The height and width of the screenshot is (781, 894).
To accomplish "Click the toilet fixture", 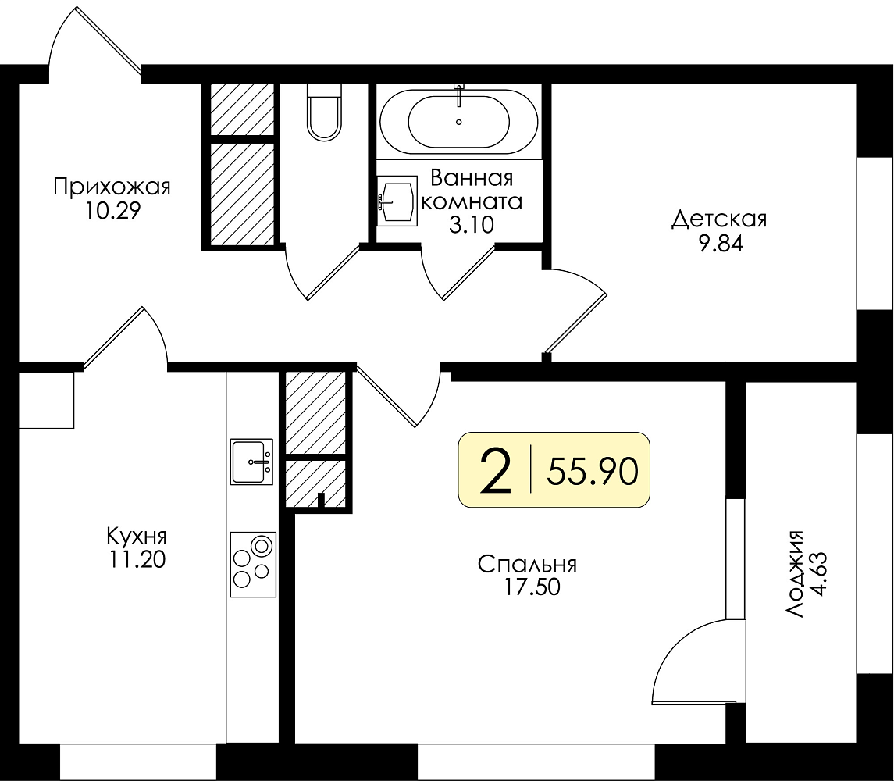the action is click(324, 111).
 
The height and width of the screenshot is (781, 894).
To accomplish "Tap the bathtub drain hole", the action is click(459, 122).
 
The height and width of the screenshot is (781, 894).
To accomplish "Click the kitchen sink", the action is click(251, 462).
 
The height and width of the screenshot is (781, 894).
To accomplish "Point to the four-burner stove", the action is click(253, 564).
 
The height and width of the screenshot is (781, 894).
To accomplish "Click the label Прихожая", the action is click(112, 187).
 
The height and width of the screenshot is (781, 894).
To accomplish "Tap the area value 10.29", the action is click(113, 211).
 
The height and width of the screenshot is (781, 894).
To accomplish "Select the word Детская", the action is click(720, 219).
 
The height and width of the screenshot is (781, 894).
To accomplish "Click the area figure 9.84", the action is click(721, 244).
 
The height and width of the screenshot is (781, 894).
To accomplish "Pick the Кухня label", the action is click(137, 537).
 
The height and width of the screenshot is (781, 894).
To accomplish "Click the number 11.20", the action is click(137, 560).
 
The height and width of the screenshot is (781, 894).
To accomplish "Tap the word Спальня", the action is click(527, 564).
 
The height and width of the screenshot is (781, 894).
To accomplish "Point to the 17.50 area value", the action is click(532, 587).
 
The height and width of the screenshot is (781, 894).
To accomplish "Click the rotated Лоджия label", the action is click(794, 574).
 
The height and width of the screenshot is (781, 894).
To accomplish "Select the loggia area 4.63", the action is click(818, 574).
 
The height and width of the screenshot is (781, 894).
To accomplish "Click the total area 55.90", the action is click(593, 472).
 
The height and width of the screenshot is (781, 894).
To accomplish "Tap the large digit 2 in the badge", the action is click(496, 471).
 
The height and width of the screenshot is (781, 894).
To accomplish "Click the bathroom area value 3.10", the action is click(471, 226).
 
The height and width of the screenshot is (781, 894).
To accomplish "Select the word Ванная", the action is click(472, 178).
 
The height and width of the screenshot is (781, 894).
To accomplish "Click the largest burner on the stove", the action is click(262, 546).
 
